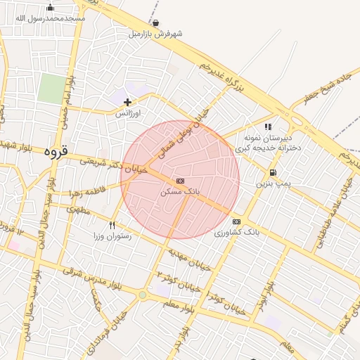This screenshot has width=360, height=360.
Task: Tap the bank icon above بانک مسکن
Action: pos(181,181)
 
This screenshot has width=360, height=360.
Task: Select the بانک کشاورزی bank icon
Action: pos(236,222)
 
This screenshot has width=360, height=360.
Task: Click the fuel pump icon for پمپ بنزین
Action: pos(272,173)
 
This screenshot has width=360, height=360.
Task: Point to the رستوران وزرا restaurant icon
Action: pos(112,226)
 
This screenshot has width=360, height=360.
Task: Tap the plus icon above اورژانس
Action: pos(127,102)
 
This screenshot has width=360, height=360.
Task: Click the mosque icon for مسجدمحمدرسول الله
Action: pos(49,8)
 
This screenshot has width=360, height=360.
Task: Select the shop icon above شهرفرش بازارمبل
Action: pos(155,23)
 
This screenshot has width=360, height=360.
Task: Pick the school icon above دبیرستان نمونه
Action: pos(268,127)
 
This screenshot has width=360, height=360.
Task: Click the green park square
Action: pos(51,89)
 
